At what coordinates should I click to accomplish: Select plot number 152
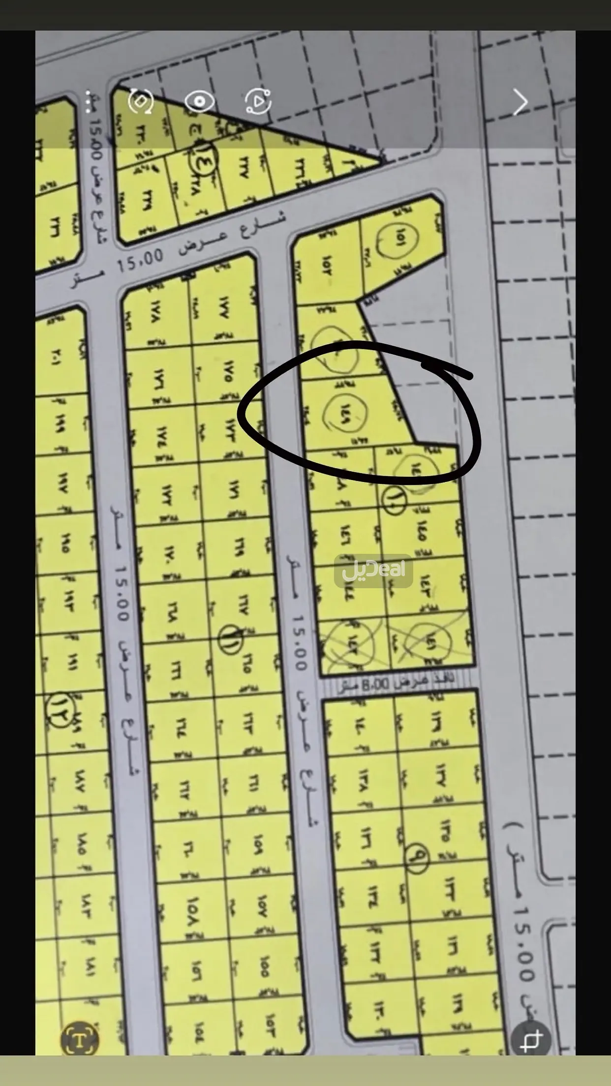[x=327, y=266]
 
